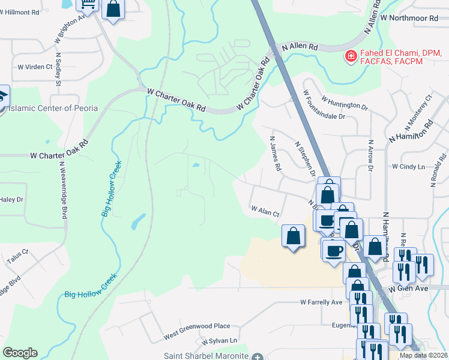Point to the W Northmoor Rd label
pyautogui.click(x=414, y=18)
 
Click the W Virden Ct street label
pyautogui.click(x=35, y=67)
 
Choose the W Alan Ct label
pyautogui.click(x=265, y=212)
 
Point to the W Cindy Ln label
pyautogui.click(x=408, y=166)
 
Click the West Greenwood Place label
pyautogui.click(x=196, y=326)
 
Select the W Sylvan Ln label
pyautogui.click(x=220, y=341)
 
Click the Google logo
pyautogui.click(x=20, y=353)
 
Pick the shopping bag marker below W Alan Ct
pyautogui.click(x=293, y=236)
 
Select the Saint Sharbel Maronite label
pyautogui.click(x=206, y=356)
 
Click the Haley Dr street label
pyautogui.click(x=11, y=199)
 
